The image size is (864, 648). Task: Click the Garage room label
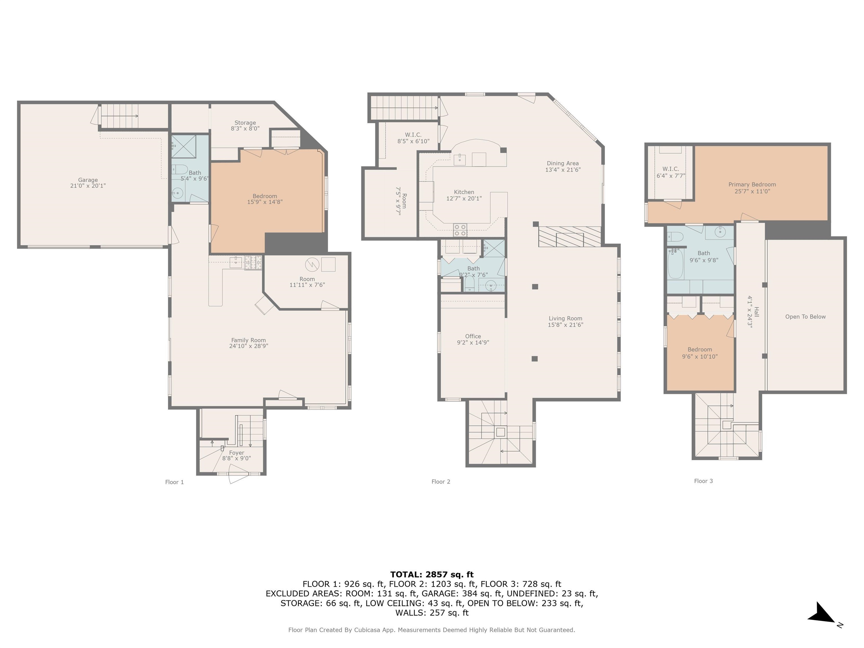pyautogui.click(x=88, y=183)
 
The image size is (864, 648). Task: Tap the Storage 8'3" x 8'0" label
pyautogui.click(x=245, y=125)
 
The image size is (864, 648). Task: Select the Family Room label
pyautogui.click(x=248, y=343)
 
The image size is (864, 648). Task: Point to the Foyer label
pyautogui.click(x=237, y=455)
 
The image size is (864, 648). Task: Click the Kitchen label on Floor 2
pyautogui.click(x=464, y=195)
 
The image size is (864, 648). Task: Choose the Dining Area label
pyautogui.click(x=563, y=166)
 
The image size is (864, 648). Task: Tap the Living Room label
pyautogui.click(x=566, y=321)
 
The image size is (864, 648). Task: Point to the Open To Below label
pyautogui.click(x=805, y=317)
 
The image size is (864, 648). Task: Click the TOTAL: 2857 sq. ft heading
pyautogui.click(x=432, y=575)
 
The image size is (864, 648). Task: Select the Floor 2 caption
pyautogui.click(x=441, y=481)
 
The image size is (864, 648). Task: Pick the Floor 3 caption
pyautogui.click(x=703, y=481)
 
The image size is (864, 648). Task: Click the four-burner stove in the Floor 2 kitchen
pyautogui.click(x=460, y=230)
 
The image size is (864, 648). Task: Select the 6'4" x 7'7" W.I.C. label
pyautogui.click(x=671, y=172)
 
